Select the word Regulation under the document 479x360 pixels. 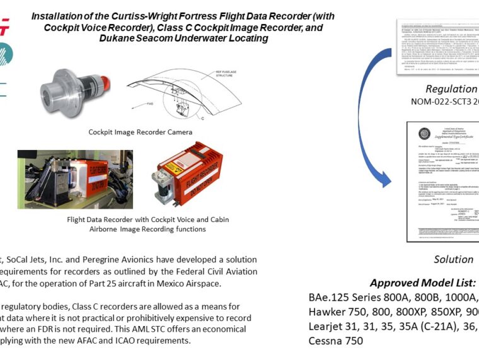coord(451,89)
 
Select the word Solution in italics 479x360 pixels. coord(453,259)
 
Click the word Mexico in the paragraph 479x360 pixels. coord(176,283)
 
